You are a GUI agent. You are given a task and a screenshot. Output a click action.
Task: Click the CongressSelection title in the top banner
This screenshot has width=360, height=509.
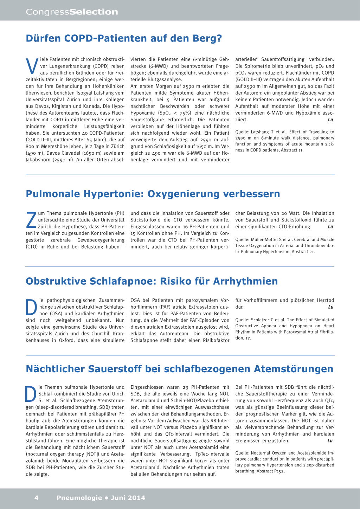72,12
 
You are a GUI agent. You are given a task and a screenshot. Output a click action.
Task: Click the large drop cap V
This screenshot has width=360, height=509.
32,66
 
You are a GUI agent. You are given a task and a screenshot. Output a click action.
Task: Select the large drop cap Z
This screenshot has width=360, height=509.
31,219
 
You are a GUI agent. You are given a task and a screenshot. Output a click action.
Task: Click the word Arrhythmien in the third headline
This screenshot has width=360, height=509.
245,281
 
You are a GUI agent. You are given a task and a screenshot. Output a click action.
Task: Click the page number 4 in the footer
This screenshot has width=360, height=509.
36,498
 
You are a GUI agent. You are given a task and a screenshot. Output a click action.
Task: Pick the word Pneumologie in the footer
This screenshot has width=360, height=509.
79,498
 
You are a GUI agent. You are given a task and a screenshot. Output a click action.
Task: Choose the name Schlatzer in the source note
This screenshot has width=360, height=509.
261,320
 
